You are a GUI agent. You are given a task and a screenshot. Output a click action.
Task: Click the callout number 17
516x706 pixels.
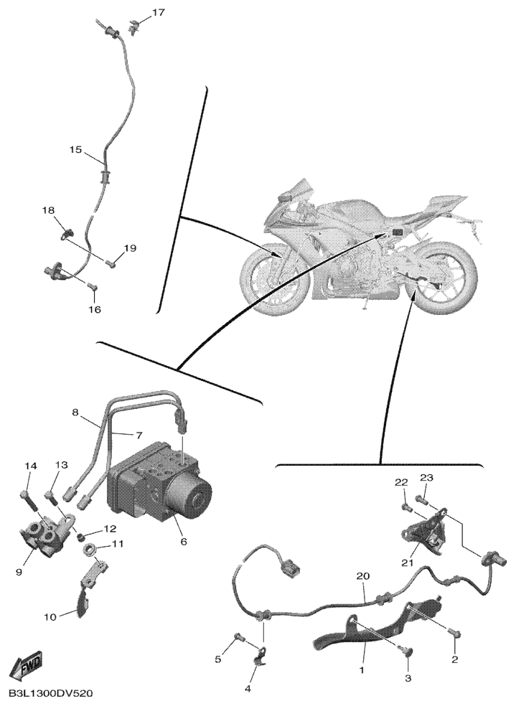[x=158, y=13]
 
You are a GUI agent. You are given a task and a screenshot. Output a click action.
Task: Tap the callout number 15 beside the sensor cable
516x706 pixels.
[x=76, y=149]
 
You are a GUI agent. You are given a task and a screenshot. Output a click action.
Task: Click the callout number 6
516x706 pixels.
[x=183, y=542]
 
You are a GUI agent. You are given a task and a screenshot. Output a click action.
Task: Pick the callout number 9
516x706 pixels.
[x=19, y=572]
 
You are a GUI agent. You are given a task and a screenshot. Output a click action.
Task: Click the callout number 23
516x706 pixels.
[x=426, y=478]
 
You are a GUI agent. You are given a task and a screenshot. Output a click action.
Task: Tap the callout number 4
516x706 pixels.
[x=248, y=689]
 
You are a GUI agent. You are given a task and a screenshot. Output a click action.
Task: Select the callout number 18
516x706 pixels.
[x=48, y=210]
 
